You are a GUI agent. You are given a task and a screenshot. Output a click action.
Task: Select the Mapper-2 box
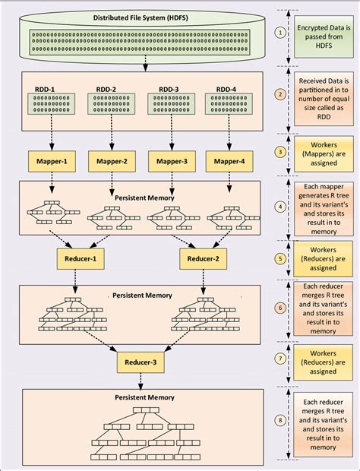pos(112,161)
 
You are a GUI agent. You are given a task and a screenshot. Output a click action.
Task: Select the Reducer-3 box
pos(141,362)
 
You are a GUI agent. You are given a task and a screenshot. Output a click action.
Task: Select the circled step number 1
pos(280,33)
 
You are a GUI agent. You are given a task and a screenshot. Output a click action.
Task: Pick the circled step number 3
pos(280,152)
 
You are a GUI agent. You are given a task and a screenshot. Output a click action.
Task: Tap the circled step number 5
pos(280,257)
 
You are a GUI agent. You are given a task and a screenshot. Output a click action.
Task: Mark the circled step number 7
pos(280,357)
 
